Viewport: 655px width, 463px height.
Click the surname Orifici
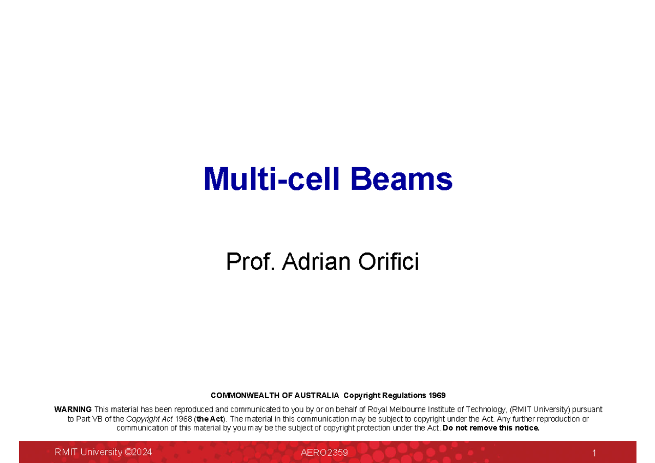389,262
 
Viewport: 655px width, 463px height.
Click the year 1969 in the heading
436,395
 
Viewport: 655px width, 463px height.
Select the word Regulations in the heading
402,395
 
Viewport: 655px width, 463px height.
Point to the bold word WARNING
73,410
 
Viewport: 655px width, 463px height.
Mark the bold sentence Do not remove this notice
491,428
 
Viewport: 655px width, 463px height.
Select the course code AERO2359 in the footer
324,453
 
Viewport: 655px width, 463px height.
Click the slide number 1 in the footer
594,453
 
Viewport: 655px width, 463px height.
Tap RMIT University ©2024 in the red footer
103,452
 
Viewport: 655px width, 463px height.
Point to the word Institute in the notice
448,410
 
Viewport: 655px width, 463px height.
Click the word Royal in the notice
378,410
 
